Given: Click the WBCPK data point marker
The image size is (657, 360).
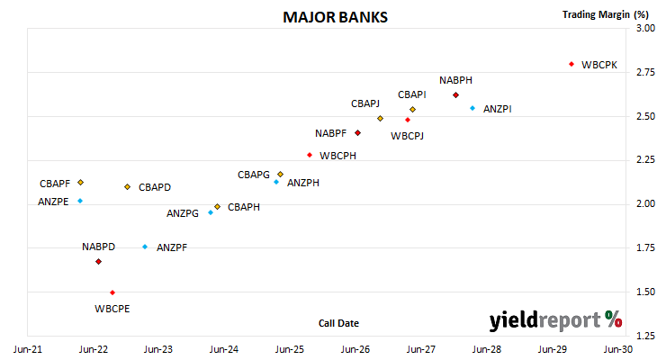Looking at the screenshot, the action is pyautogui.click(x=571, y=64).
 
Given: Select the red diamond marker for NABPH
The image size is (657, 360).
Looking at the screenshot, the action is pyautogui.click(x=456, y=95).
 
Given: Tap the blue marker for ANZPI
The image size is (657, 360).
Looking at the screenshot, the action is pyautogui.click(x=472, y=108).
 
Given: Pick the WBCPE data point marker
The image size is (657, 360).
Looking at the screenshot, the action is pyautogui.click(x=112, y=292).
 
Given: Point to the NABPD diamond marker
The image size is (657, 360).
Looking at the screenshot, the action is pyautogui.click(x=98, y=262).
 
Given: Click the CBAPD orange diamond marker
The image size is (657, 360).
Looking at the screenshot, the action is pyautogui.click(x=128, y=187).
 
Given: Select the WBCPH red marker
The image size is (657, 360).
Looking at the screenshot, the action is pyautogui.click(x=310, y=155).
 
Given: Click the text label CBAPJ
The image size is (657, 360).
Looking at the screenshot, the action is pyautogui.click(x=365, y=103).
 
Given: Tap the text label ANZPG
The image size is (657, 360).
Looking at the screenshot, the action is pyautogui.click(x=183, y=213).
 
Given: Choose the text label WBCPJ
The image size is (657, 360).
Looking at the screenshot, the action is pyautogui.click(x=408, y=136).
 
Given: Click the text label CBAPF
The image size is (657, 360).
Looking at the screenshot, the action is pyautogui.click(x=55, y=184).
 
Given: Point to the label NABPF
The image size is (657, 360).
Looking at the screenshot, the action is pyautogui.click(x=331, y=133).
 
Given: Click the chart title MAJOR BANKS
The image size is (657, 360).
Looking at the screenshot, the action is pyautogui.click(x=335, y=17).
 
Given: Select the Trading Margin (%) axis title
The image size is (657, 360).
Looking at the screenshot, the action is pyautogui.click(x=606, y=14).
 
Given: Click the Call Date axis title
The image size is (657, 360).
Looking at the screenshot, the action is pyautogui.click(x=338, y=323).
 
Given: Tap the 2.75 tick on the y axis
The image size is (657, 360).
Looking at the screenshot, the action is pyautogui.click(x=645, y=72).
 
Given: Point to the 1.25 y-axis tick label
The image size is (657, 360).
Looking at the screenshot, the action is pyautogui.click(x=645, y=336).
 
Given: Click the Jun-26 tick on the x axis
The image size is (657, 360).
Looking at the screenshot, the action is pyautogui.click(x=355, y=349).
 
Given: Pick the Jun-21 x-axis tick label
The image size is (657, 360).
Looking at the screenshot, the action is pyautogui.click(x=28, y=349).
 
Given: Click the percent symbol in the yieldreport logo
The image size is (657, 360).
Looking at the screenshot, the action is pyautogui.click(x=614, y=319).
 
